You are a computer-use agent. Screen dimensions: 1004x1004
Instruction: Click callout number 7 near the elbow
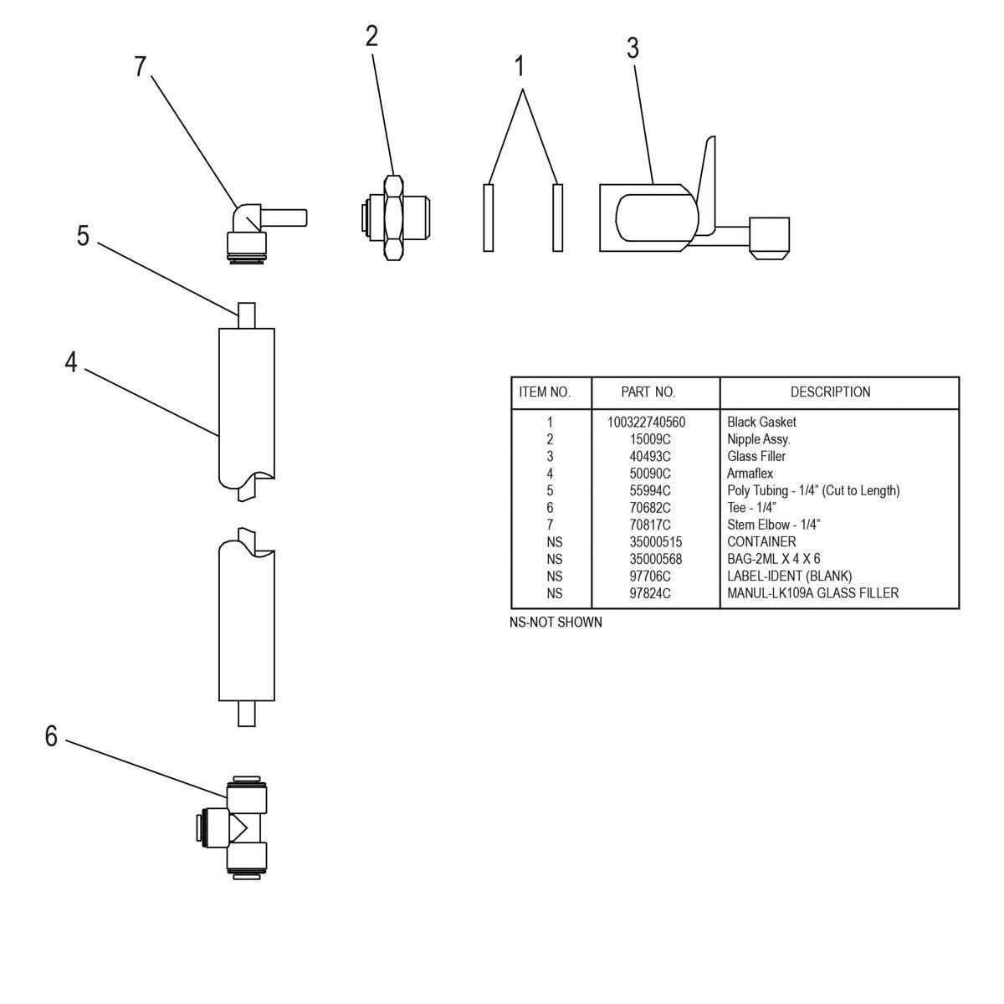click(x=141, y=67)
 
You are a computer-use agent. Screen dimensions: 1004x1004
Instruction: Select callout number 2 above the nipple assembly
click(x=371, y=36)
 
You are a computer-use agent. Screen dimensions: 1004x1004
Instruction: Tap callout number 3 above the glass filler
click(x=633, y=49)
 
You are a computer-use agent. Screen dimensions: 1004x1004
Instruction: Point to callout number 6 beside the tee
click(x=51, y=736)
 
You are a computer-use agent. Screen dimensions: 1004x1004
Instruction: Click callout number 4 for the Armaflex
click(x=71, y=362)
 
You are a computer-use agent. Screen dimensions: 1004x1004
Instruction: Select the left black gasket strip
click(x=489, y=217)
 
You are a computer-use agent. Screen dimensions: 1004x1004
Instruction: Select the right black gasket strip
click(x=558, y=217)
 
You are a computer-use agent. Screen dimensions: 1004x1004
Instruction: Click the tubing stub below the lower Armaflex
click(x=246, y=714)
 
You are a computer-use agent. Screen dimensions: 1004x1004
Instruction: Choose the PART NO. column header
click(x=648, y=392)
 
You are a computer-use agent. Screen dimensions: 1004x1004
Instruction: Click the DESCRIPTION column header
click(x=830, y=392)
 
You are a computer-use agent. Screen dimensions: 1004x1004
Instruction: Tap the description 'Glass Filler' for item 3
click(x=756, y=456)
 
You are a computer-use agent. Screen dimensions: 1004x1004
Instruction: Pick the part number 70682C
click(x=651, y=508)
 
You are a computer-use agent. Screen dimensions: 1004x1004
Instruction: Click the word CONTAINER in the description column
click(x=761, y=542)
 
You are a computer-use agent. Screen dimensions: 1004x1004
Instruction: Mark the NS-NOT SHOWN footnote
click(x=556, y=622)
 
